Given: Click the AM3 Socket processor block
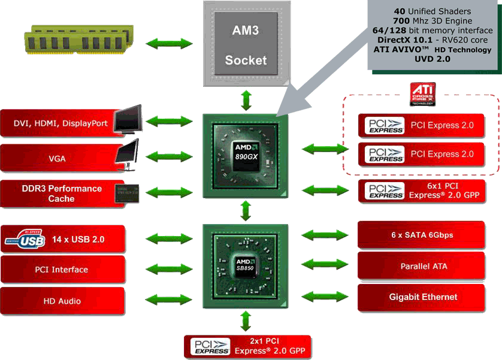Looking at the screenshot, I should point(246,43).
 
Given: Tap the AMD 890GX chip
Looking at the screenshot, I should point(246,155).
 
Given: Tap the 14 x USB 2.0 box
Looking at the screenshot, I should point(78,239).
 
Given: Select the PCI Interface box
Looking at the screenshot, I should point(62,270).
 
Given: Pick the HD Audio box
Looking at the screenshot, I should point(62,301).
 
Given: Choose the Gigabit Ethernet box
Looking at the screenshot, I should point(421,297).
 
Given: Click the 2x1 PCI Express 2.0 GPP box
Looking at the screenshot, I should point(248,346).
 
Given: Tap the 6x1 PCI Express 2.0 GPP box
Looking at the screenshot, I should point(421,190).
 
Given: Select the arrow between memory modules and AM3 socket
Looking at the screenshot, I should point(161,43).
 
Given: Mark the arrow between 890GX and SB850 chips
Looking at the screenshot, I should point(246,211).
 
